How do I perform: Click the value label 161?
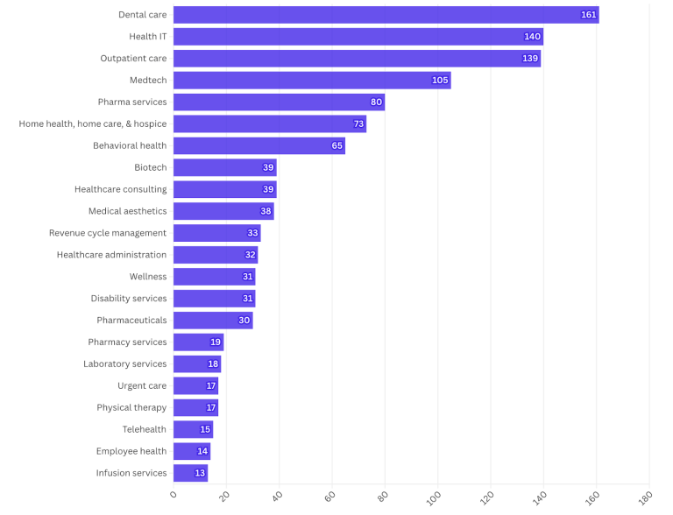click(589, 15)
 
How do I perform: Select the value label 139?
click(530, 59)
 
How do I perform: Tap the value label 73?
click(358, 124)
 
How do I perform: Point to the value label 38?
click(266, 211)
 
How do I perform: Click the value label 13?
click(200, 473)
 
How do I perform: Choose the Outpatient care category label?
click(133, 59)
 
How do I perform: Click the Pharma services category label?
click(132, 102)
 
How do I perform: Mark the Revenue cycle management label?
click(108, 233)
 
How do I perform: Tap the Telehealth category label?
click(145, 429)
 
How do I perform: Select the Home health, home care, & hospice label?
click(93, 124)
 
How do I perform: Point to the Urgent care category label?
click(142, 386)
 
